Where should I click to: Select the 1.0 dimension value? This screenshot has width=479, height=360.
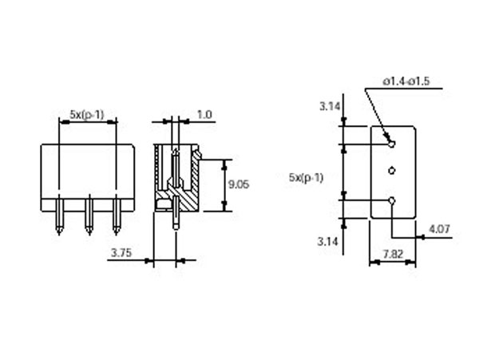tap(204, 115)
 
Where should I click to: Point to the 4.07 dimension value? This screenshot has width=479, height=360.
tap(438, 229)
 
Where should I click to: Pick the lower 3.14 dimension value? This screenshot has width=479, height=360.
tap(329, 239)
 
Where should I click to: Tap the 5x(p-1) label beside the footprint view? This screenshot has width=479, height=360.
tap(307, 177)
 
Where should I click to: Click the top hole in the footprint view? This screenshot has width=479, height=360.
tap(391, 144)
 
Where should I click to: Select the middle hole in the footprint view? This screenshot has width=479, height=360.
tap(391, 171)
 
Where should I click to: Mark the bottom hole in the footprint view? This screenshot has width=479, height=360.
tap(391, 200)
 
